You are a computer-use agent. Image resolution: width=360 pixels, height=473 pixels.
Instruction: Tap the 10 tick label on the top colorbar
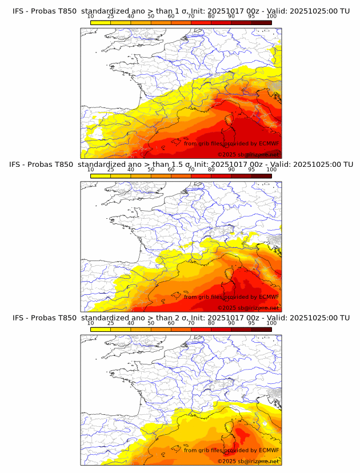[x=91, y=16]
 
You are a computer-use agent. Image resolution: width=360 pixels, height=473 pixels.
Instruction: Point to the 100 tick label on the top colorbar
[x=271, y=16]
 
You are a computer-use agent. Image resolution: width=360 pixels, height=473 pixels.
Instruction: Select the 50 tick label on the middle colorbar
[x=151, y=170]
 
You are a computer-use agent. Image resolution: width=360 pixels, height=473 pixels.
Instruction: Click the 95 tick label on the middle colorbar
[x=251, y=170]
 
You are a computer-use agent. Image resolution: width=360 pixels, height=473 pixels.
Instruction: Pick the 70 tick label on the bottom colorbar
[x=191, y=323]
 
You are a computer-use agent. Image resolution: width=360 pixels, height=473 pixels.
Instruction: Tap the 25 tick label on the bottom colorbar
[x=111, y=323]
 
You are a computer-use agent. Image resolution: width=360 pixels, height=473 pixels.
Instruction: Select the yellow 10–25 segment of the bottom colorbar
[x=101, y=329]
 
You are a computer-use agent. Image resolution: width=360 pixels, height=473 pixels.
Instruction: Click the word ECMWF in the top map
[x=269, y=143]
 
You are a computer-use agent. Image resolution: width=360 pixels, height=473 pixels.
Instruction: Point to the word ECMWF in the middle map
[x=269, y=296]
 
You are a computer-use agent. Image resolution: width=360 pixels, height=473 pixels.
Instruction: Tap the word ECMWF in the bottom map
[x=269, y=450]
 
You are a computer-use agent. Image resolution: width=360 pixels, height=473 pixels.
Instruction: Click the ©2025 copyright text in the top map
[x=227, y=155]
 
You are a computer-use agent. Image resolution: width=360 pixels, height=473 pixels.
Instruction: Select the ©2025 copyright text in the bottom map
[x=227, y=461]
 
